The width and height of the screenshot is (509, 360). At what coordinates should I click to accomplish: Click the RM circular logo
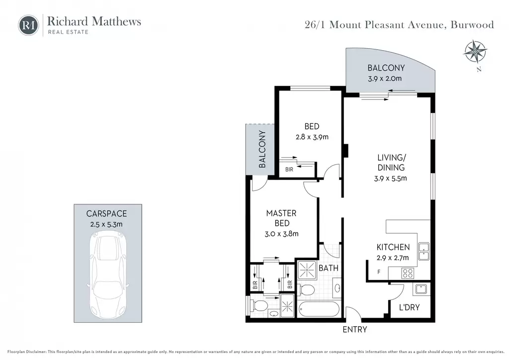coord(28,25)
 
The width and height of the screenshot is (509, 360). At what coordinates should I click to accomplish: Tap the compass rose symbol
coord(475,52)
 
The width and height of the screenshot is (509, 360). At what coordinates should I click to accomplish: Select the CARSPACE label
coord(106,214)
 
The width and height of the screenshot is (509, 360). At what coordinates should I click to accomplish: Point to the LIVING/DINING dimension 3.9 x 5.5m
coord(391,178)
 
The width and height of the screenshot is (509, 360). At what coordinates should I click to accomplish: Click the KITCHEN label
coord(393,247)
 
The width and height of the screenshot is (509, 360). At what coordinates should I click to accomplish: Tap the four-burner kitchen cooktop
coord(408,273)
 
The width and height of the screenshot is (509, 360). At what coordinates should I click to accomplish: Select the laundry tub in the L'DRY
coord(421,289)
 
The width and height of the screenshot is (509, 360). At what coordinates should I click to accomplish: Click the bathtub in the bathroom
coord(319,309)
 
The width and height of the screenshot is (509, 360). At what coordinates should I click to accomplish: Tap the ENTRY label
coord(355,330)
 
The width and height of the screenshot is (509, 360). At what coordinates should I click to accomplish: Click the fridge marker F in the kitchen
coord(378,272)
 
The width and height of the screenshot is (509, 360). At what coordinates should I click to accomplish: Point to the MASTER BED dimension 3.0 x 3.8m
coord(281,234)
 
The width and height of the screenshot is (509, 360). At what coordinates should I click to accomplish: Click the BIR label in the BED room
coord(289,170)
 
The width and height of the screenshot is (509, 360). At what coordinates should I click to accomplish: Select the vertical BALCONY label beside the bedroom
coord(262,149)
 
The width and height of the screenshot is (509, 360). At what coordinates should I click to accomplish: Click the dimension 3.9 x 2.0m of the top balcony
coord(385,79)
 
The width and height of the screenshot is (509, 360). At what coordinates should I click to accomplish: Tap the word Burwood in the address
coord(472,25)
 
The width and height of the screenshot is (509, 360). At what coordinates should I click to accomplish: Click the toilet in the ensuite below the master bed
coord(258,305)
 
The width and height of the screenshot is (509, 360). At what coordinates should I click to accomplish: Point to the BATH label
coord(329,268)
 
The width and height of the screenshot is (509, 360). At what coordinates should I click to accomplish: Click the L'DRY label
coord(410,307)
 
